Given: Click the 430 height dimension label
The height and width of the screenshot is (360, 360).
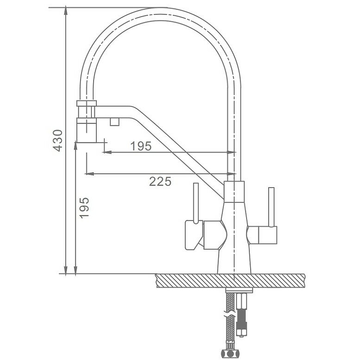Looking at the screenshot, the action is click(x=58, y=140).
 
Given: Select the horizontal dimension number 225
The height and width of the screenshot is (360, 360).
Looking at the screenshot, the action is click(x=160, y=181).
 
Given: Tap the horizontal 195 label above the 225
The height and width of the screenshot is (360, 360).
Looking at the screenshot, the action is click(x=141, y=146).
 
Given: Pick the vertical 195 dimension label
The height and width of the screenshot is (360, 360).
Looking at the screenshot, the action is click(x=84, y=207).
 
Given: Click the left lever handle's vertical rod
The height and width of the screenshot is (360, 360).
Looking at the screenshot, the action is click(x=196, y=203).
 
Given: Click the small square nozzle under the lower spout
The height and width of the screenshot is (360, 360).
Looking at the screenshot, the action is click(x=114, y=121).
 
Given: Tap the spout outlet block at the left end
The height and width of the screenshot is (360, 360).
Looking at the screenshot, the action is click(x=86, y=130).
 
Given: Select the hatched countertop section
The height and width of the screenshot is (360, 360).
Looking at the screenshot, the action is click(x=231, y=280).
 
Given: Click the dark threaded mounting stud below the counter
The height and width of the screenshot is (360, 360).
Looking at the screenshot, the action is click(x=241, y=315).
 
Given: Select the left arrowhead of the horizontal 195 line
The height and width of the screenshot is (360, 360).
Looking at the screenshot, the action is click(x=108, y=152).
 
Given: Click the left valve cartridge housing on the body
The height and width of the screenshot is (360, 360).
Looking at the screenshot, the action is click(x=215, y=234).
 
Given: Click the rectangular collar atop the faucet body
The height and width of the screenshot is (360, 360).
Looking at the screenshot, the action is click(x=234, y=191).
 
